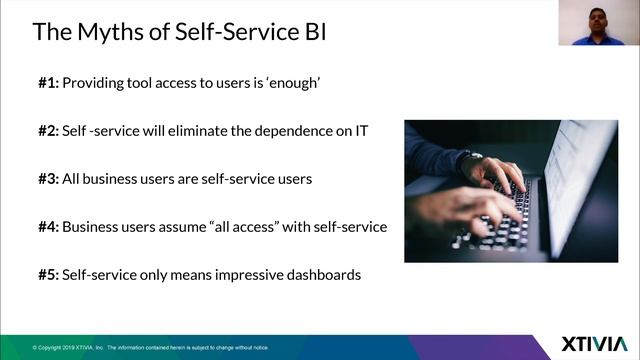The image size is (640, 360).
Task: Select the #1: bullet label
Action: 48,83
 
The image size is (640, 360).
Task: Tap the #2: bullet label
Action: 48,131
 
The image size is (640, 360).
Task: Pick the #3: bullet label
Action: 48,179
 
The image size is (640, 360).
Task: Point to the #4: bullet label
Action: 48,227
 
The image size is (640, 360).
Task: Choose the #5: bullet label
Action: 48,274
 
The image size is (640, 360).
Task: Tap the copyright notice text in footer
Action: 150,347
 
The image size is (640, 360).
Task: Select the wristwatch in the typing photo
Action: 469,161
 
